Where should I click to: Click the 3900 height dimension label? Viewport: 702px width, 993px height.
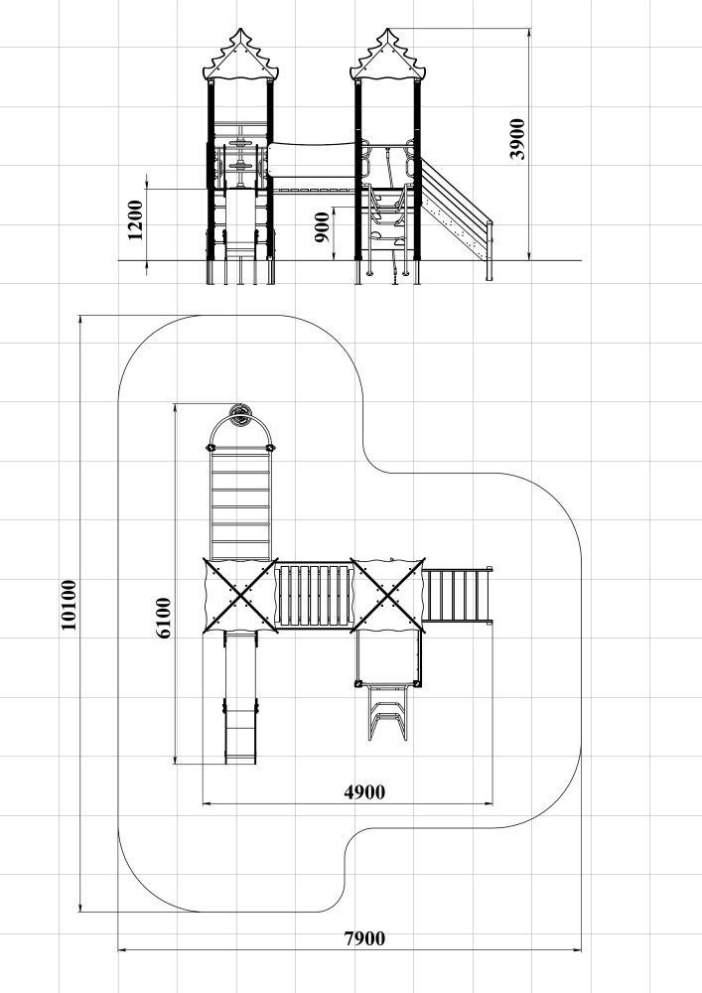coord(517,139)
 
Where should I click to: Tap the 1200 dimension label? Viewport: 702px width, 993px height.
coord(135,220)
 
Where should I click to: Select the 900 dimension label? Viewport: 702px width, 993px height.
coord(322,227)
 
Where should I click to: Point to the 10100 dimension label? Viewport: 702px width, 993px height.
coord(69,605)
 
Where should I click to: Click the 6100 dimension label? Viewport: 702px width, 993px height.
coord(163,618)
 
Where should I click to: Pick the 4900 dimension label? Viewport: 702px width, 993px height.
coord(364,791)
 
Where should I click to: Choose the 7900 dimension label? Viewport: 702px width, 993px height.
coord(364,938)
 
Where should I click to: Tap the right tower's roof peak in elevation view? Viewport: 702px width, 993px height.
coord(387,29)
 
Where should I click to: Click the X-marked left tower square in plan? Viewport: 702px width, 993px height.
coord(240,595)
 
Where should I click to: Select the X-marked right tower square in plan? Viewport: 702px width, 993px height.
coord(387,595)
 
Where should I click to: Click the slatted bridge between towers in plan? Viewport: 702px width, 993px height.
coord(314,596)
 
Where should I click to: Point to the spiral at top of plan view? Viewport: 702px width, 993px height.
coord(240,415)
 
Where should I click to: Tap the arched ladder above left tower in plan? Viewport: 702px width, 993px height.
coord(240,488)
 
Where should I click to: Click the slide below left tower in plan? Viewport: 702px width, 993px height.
coord(240,697)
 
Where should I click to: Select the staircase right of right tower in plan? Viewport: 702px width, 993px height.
coord(457,595)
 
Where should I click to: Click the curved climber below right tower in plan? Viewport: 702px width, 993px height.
coord(387,712)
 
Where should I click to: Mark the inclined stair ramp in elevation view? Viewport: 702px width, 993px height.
coord(456,209)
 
